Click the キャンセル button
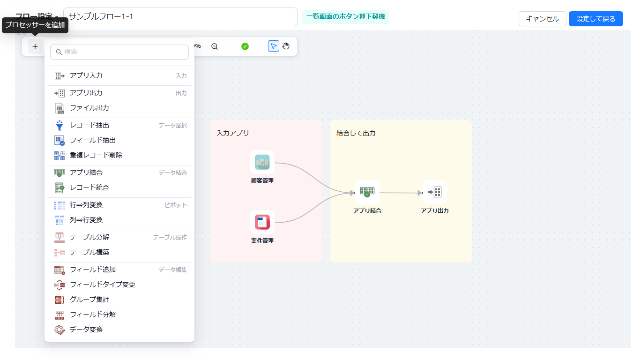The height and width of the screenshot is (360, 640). point(542,19)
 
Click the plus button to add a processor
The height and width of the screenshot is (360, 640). point(35,46)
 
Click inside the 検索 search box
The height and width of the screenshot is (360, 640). point(119,52)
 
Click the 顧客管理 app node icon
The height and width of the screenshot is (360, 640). point(262,162)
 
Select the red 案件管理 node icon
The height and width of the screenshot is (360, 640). point(262,222)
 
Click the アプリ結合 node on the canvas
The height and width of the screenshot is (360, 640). point(367,192)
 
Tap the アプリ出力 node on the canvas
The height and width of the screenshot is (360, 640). point(435,192)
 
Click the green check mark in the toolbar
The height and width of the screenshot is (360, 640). point(245,46)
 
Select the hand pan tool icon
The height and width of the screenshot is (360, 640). point(286,46)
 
